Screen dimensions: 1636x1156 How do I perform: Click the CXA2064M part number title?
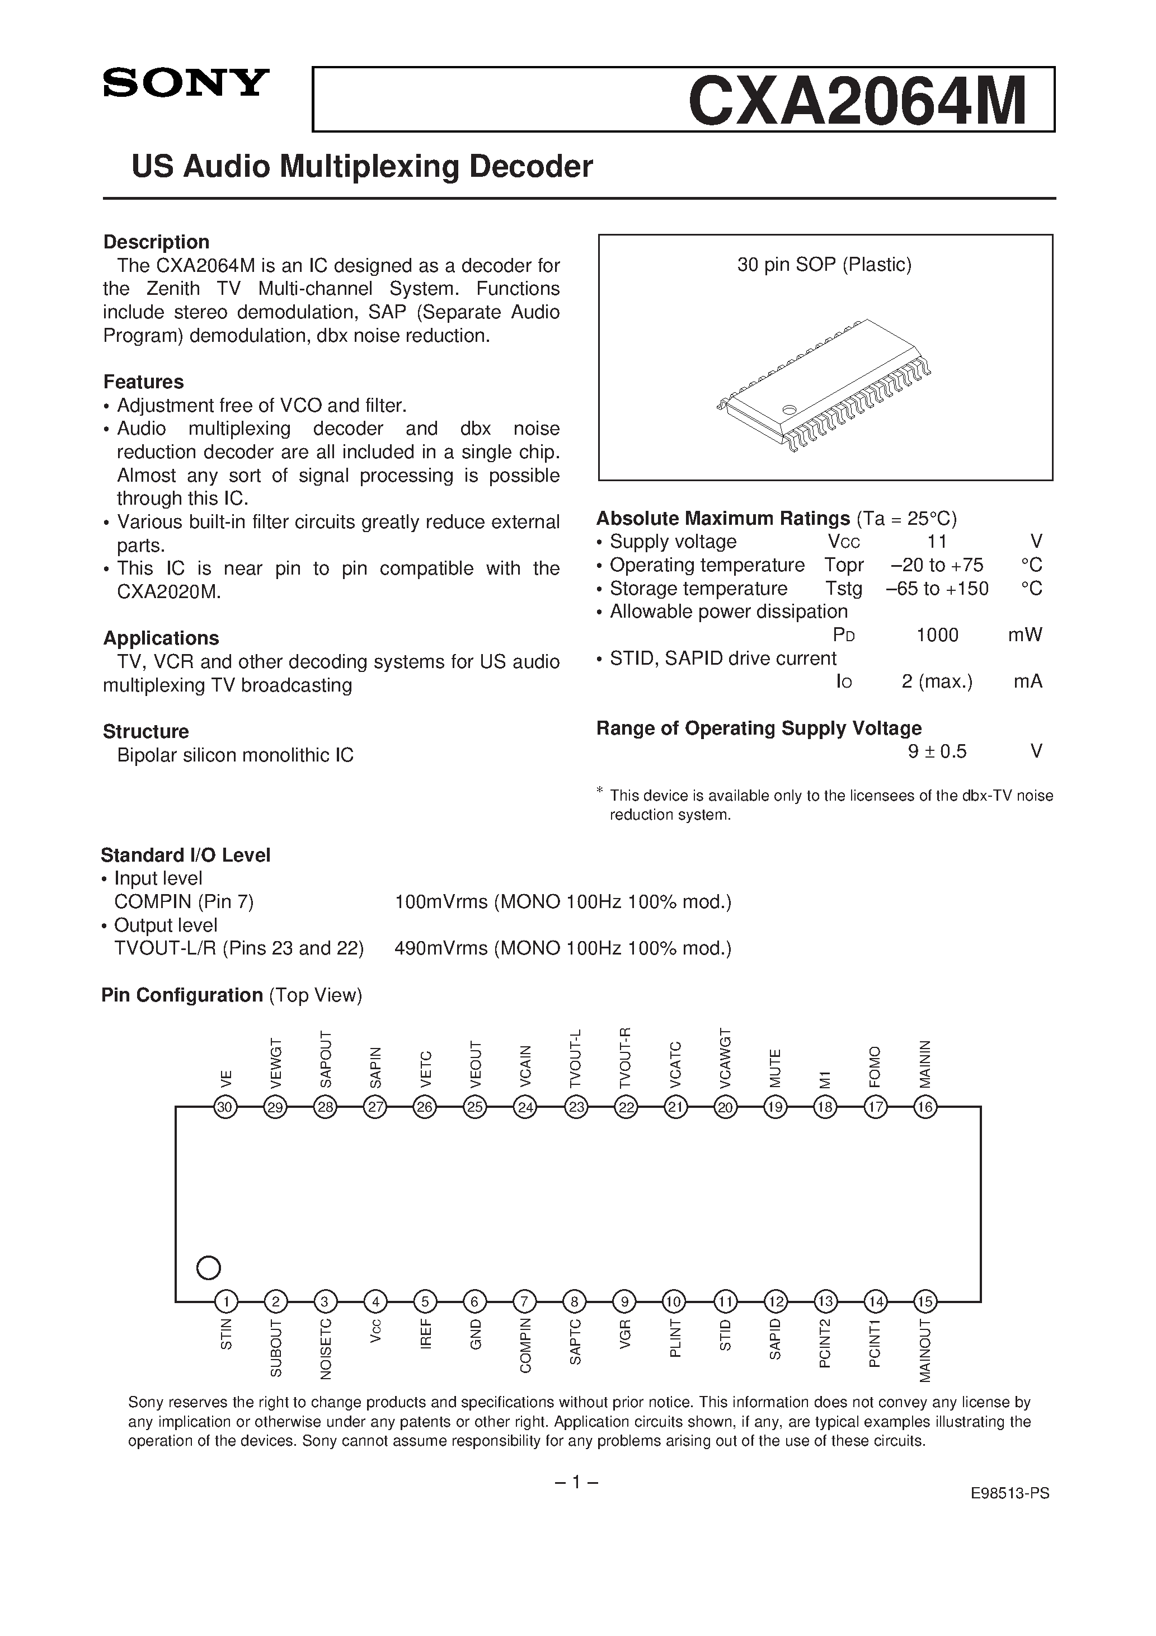point(857,101)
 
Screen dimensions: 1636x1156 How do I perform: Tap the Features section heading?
point(143,382)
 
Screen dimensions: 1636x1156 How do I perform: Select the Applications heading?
point(161,638)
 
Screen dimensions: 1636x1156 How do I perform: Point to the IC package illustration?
point(825,385)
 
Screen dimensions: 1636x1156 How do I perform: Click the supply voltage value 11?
point(937,542)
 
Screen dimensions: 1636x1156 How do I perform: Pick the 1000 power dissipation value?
point(937,635)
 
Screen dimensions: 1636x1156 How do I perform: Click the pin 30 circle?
point(225,1107)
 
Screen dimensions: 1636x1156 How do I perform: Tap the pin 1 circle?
point(226,1303)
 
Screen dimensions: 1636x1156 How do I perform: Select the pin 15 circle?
point(925,1303)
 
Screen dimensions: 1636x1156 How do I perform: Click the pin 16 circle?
point(925,1107)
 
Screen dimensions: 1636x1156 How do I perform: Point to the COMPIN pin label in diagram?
point(526,1345)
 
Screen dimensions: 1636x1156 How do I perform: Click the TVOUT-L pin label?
point(576,1058)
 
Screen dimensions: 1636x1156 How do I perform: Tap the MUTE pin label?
point(776,1068)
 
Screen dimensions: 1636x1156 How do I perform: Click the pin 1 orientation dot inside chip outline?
point(208,1268)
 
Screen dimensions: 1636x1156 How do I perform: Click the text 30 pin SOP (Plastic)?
point(825,265)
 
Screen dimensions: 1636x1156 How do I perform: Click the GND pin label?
point(476,1334)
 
